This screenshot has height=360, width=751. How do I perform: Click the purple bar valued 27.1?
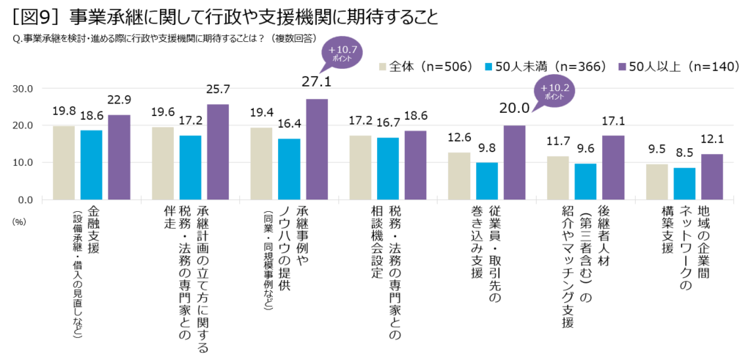pos(317,149)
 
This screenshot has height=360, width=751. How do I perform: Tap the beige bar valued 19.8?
pos(64,163)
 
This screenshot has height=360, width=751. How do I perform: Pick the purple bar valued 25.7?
pos(218,152)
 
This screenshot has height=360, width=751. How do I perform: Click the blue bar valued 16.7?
pos(388,168)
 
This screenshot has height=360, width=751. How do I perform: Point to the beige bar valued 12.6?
pos(459,176)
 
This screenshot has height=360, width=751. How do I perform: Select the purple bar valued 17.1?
pos(613,167)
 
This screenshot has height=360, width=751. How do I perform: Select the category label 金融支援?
pos(93,229)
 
